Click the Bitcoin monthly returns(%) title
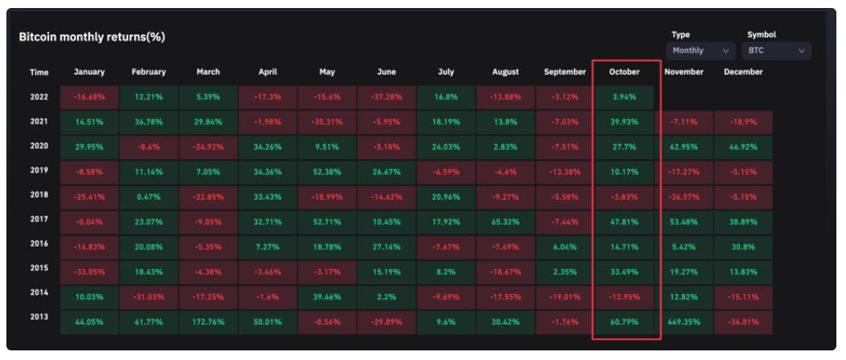[x=92, y=38]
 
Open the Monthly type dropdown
[x=700, y=51]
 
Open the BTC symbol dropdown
[x=776, y=51]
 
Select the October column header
[x=624, y=72]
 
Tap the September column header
[x=565, y=72]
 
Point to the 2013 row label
[x=39, y=318]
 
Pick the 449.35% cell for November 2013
[x=684, y=322]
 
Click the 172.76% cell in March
[x=208, y=322]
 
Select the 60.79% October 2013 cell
[x=624, y=322]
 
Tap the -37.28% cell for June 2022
[x=387, y=98]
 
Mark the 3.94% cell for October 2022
[x=624, y=98]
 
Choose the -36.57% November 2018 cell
[x=684, y=196]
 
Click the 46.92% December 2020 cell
[x=743, y=148]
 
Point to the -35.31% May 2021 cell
[x=327, y=123]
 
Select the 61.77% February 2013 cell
[x=148, y=322]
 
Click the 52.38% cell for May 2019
[x=327, y=172]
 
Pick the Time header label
[x=39, y=72]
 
